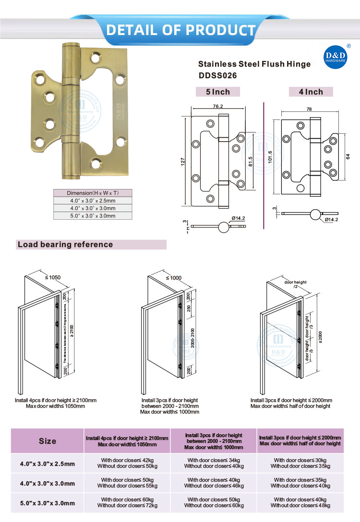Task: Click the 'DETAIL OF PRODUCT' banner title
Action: pos(180,30)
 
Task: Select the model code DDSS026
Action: pos(218,75)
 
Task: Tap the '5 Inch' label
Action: pos(218,92)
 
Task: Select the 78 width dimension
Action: pos(309,109)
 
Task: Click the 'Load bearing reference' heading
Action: pos(65,245)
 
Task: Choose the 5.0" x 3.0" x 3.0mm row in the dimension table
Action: pos(92,216)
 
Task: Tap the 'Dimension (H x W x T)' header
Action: pos(92,193)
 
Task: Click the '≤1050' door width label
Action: pos(53,277)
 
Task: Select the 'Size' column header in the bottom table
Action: pos(47,441)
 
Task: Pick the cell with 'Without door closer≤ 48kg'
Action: pos(300,505)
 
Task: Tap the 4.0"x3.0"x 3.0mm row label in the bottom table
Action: pos(47,483)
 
